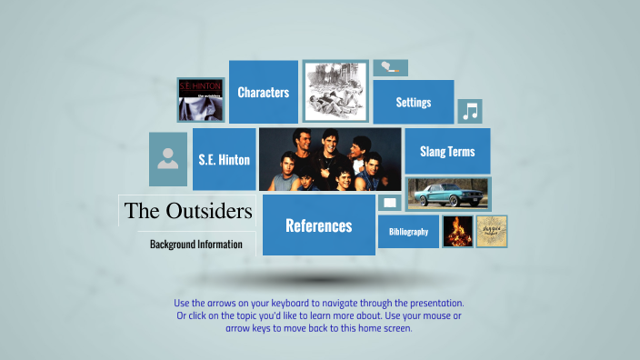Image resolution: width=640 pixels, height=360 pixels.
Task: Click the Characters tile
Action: (264, 92)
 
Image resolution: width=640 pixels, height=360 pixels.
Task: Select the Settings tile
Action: (414, 102)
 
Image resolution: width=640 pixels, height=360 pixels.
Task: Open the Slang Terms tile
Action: (447, 151)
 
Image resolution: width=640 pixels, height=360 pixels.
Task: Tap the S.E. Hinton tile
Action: (225, 159)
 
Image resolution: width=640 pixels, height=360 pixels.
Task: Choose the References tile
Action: (318, 225)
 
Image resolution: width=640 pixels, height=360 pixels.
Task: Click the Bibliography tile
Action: (408, 232)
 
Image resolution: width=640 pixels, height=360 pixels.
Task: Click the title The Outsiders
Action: (188, 211)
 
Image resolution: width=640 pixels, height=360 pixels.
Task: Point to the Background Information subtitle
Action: (196, 244)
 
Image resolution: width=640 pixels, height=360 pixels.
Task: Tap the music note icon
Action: (469, 111)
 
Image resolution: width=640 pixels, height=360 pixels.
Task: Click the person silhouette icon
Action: (167, 159)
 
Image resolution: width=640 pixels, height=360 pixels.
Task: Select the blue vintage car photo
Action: (448, 194)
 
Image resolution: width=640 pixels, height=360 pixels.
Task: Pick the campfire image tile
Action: (458, 232)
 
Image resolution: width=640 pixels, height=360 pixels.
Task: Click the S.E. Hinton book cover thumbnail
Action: (201, 100)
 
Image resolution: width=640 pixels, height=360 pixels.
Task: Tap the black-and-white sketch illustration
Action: (335, 92)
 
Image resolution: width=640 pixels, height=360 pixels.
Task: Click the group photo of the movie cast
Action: (330, 159)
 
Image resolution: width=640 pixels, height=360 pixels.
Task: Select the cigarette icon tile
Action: (390, 67)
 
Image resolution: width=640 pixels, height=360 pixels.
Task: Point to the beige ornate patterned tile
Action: (492, 232)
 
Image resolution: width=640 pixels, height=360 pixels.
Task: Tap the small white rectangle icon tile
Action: (390, 203)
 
